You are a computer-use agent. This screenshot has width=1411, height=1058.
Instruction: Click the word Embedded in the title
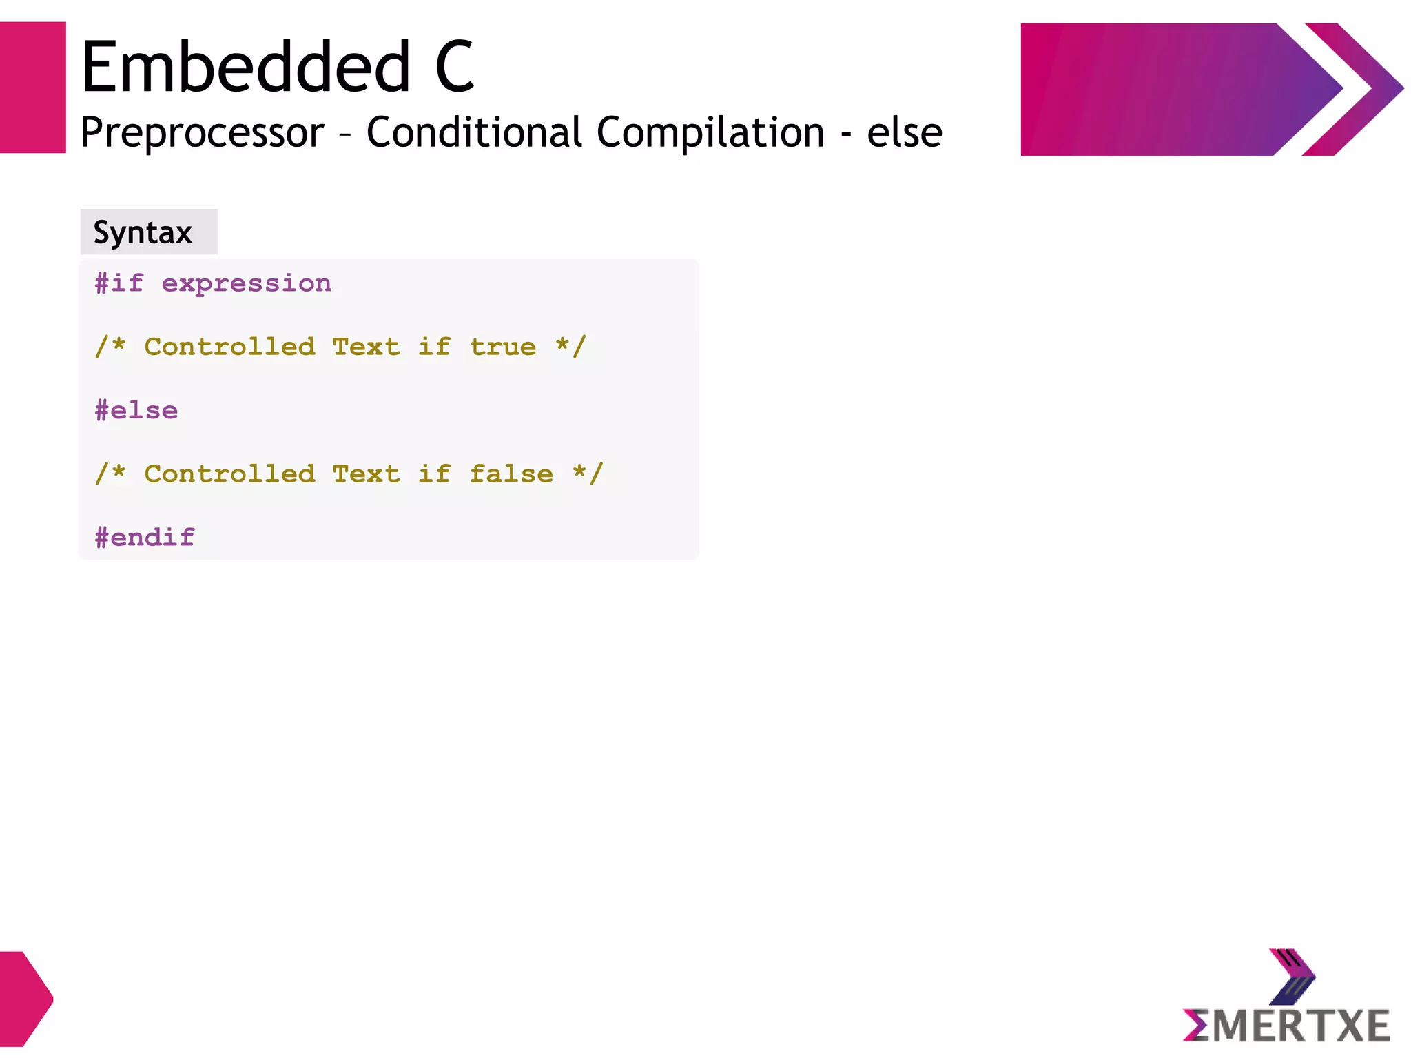click(x=246, y=67)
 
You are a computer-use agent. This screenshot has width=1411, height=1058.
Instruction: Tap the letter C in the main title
click(x=454, y=67)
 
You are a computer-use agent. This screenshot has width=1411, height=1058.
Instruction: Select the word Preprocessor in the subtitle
click(x=202, y=132)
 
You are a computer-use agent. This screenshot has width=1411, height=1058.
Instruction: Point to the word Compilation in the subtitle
click(x=710, y=132)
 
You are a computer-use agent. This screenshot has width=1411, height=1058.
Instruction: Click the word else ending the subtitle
click(x=904, y=132)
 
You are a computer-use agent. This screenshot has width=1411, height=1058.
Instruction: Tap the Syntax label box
click(x=149, y=232)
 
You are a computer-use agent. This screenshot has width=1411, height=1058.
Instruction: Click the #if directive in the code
click(x=119, y=283)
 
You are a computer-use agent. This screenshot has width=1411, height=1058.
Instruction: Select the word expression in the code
click(x=246, y=284)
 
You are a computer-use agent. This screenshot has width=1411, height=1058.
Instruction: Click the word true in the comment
click(x=503, y=347)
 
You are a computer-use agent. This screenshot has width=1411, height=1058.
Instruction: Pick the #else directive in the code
click(x=136, y=411)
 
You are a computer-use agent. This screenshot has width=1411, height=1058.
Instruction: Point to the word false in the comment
click(x=511, y=474)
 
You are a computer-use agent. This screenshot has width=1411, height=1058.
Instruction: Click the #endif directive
click(x=145, y=538)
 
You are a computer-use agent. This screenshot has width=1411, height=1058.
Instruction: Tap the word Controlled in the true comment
click(x=229, y=347)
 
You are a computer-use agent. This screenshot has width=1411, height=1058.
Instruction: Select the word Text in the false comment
click(x=366, y=474)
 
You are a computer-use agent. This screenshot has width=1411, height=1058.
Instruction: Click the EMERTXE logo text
click(x=1286, y=1026)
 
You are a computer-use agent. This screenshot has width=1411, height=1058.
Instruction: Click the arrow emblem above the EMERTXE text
click(x=1292, y=976)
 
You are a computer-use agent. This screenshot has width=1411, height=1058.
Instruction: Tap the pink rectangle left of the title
click(x=32, y=88)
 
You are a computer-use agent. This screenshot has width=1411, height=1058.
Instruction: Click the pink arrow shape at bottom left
click(x=25, y=999)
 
